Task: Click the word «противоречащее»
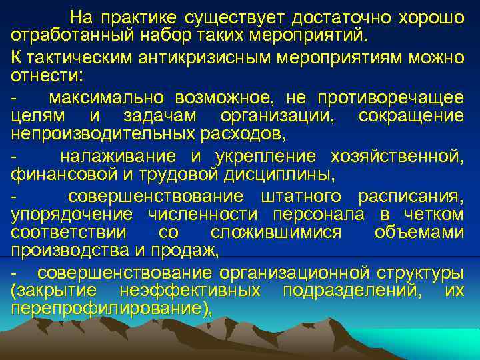tap(397, 98)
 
